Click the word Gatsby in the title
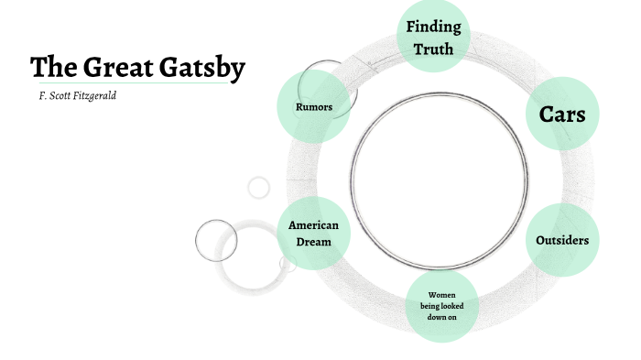click(x=202, y=68)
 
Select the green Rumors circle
click(x=313, y=107)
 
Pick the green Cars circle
click(x=561, y=114)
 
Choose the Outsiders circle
click(x=561, y=240)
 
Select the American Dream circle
click(x=313, y=234)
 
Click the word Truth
click(x=433, y=49)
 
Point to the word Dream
click(x=313, y=242)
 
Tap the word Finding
click(x=433, y=27)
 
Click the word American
click(x=313, y=225)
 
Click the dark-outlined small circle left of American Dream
click(x=216, y=240)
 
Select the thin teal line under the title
click(x=128, y=83)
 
